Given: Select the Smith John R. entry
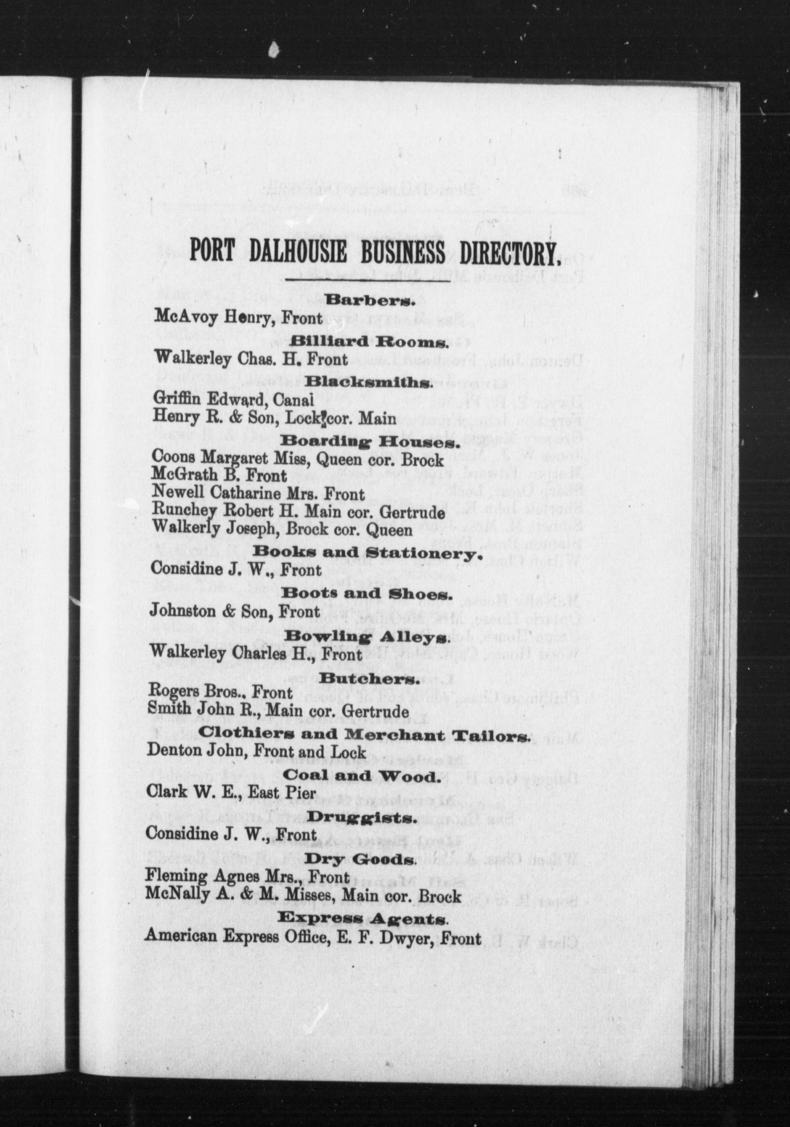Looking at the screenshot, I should [278, 711].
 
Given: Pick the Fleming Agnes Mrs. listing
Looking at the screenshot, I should [247, 877].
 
